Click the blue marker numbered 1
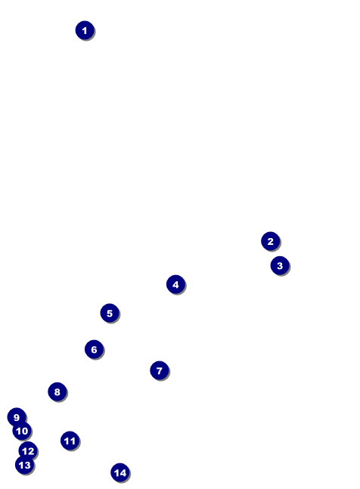click(85, 30)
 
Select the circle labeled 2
click(271, 241)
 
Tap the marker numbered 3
click(280, 266)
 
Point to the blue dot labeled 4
click(176, 284)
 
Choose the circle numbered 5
click(110, 313)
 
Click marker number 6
click(95, 349)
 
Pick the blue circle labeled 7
click(160, 370)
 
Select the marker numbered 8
click(57, 392)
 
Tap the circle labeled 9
click(17, 417)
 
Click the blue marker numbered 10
click(22, 431)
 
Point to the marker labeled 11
click(70, 441)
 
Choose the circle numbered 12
click(28, 451)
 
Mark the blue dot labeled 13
click(25, 465)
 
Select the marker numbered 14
click(120, 472)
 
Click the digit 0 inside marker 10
click(24, 431)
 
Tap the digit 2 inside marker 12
click(30, 451)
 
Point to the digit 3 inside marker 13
click(27, 465)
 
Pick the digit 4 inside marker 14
click(123, 473)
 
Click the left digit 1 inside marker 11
click(67, 441)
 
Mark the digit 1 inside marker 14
click(116, 473)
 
